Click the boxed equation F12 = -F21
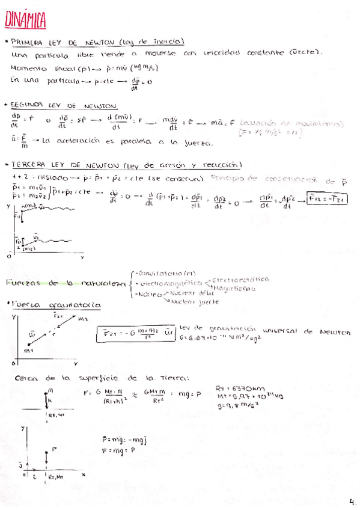328,198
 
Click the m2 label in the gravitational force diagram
83,318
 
